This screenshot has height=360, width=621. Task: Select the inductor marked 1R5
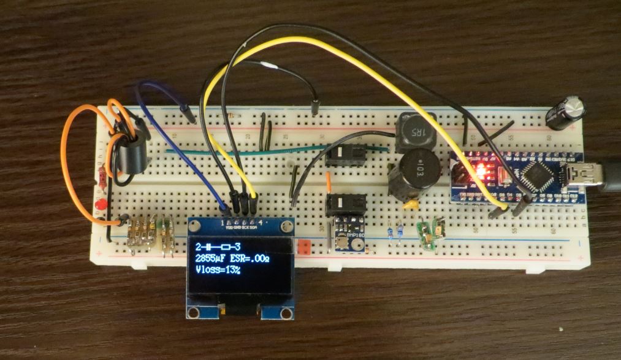[x=415, y=132]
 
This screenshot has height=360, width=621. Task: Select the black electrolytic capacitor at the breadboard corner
[x=565, y=112]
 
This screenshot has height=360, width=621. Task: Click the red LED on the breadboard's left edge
[x=102, y=204]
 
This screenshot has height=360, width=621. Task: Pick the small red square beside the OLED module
[x=302, y=247]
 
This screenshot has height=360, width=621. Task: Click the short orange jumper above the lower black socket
[x=329, y=182]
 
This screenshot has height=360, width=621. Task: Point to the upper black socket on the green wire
[x=345, y=155]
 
